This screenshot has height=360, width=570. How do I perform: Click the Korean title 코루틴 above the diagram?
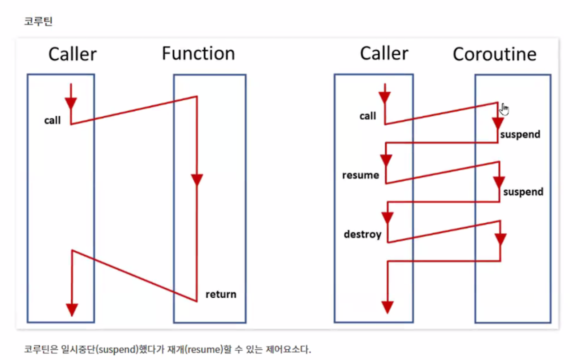38,21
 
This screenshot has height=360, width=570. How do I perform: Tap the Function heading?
198,54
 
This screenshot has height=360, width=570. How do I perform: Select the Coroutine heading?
494,54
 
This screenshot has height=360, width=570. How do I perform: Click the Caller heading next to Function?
72,54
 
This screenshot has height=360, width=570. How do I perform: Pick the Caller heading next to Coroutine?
384,53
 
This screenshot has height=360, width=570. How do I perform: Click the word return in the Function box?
221,294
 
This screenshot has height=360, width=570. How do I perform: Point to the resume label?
360,175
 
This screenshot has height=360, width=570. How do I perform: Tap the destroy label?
362,234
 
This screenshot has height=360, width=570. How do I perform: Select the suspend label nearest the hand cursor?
520,134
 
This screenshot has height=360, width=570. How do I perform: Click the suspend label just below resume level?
523,192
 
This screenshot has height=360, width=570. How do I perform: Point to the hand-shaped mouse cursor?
504,109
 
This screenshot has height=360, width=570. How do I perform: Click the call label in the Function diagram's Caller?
52,120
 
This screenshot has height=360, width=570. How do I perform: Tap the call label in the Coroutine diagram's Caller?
368,116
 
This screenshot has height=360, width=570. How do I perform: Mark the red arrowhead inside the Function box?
196,180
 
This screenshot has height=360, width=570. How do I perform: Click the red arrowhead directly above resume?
386,160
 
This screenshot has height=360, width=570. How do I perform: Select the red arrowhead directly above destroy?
387,218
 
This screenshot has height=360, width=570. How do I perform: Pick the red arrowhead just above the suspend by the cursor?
497,123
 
